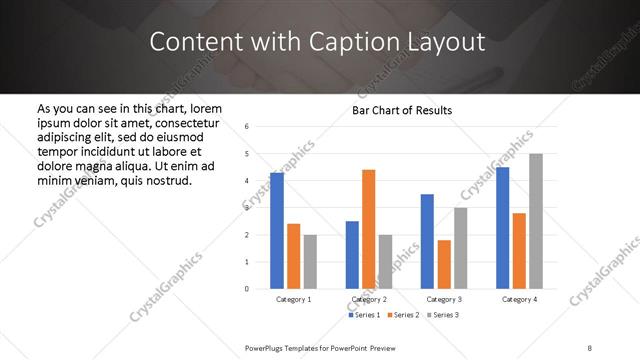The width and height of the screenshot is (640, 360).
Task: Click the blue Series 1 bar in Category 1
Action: tap(277, 231)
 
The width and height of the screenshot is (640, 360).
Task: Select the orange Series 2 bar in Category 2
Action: tap(368, 229)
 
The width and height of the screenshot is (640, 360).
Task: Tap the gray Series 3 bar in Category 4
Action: tap(536, 221)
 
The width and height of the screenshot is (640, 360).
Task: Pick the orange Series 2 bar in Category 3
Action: tap(444, 264)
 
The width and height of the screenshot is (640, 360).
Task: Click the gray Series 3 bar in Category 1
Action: tap(310, 262)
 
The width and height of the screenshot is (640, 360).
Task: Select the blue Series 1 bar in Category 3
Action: tap(427, 241)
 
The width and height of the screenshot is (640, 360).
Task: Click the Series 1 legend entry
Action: tap(364, 315)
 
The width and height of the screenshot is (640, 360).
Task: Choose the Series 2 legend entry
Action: tap(403, 315)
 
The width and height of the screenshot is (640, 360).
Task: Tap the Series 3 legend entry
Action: tap(443, 315)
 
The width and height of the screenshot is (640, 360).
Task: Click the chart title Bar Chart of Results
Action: tap(402, 110)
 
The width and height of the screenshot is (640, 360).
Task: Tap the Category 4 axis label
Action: tap(519, 299)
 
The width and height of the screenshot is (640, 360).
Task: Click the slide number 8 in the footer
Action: tap(590, 347)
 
